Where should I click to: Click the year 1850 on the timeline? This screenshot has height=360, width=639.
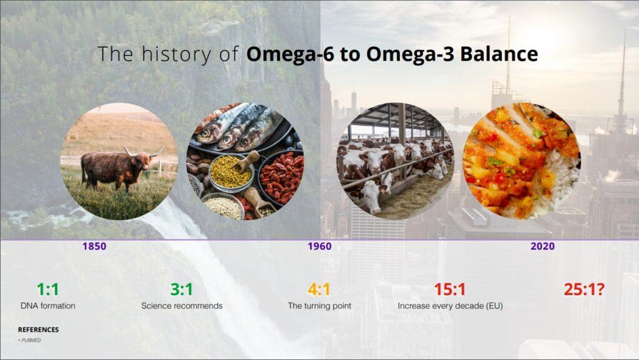(94, 246)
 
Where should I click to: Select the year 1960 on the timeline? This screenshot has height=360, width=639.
(319, 246)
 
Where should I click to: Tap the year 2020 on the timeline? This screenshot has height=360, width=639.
(542, 246)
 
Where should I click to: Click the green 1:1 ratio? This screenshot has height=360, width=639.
(47, 289)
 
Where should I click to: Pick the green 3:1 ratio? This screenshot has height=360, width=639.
(182, 289)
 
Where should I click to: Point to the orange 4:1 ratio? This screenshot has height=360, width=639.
(319, 289)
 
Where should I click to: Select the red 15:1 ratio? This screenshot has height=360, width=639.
(449, 289)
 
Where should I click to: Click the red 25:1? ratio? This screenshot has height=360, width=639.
(584, 289)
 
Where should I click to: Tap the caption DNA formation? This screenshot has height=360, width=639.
(47, 306)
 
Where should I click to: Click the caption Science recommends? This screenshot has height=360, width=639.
(182, 306)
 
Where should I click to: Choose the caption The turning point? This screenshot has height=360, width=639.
(319, 306)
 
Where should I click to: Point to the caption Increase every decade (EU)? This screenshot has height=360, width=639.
(450, 306)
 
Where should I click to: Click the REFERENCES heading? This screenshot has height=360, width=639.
(38, 329)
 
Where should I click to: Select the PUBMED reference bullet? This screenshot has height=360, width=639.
(30, 341)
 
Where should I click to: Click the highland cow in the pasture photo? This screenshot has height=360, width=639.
(118, 168)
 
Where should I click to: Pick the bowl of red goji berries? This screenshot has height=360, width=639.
(282, 175)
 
